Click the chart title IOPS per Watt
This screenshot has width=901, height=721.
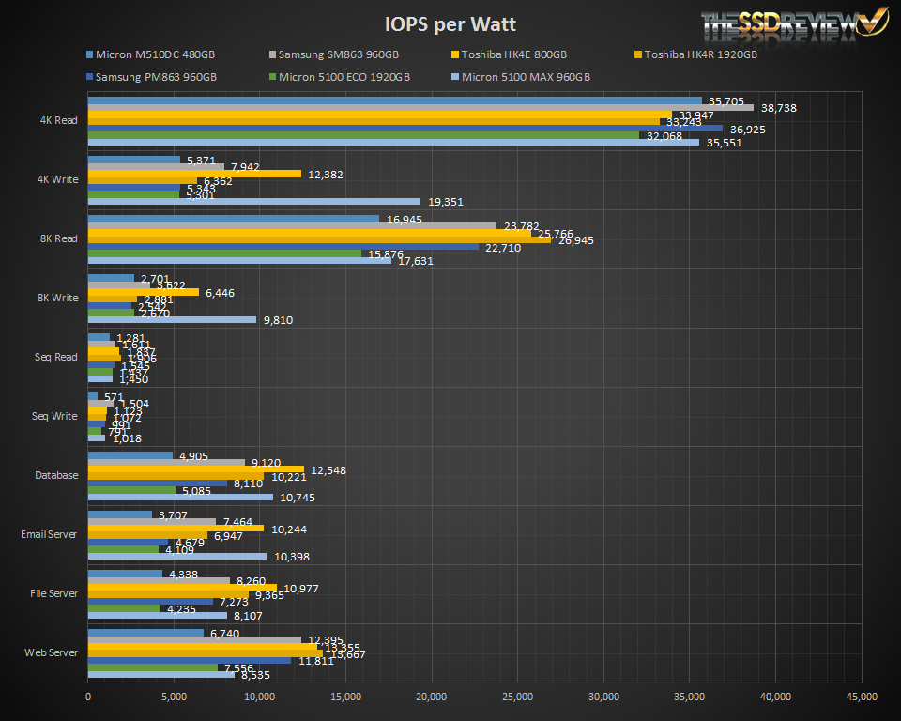click(x=450, y=23)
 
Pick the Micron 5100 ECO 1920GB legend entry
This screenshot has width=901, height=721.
click(x=347, y=77)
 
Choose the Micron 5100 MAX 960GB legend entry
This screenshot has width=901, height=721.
click(x=526, y=77)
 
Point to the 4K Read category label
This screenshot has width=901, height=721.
click(x=58, y=120)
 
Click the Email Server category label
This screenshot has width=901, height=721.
click(x=49, y=534)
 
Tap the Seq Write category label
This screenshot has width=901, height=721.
click(x=54, y=416)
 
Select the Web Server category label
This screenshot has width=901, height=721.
click(x=53, y=652)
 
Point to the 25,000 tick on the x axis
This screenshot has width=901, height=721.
click(x=518, y=697)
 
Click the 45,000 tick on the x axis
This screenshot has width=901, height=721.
click(x=862, y=697)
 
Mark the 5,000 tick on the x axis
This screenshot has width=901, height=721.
click(x=174, y=697)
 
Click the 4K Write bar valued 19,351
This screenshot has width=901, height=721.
click(x=254, y=201)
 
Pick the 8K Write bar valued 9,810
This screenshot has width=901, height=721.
click(x=172, y=319)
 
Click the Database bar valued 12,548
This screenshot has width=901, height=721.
click(x=196, y=468)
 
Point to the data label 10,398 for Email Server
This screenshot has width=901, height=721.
click(x=292, y=557)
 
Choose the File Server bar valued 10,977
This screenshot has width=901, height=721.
click(x=182, y=587)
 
